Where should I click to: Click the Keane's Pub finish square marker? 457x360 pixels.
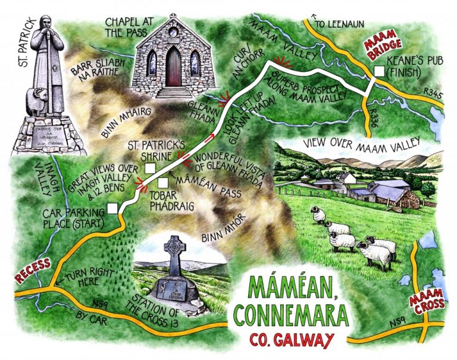(379, 72)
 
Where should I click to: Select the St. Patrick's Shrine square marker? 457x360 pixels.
(150, 168)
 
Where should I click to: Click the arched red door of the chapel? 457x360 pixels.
(173, 67)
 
